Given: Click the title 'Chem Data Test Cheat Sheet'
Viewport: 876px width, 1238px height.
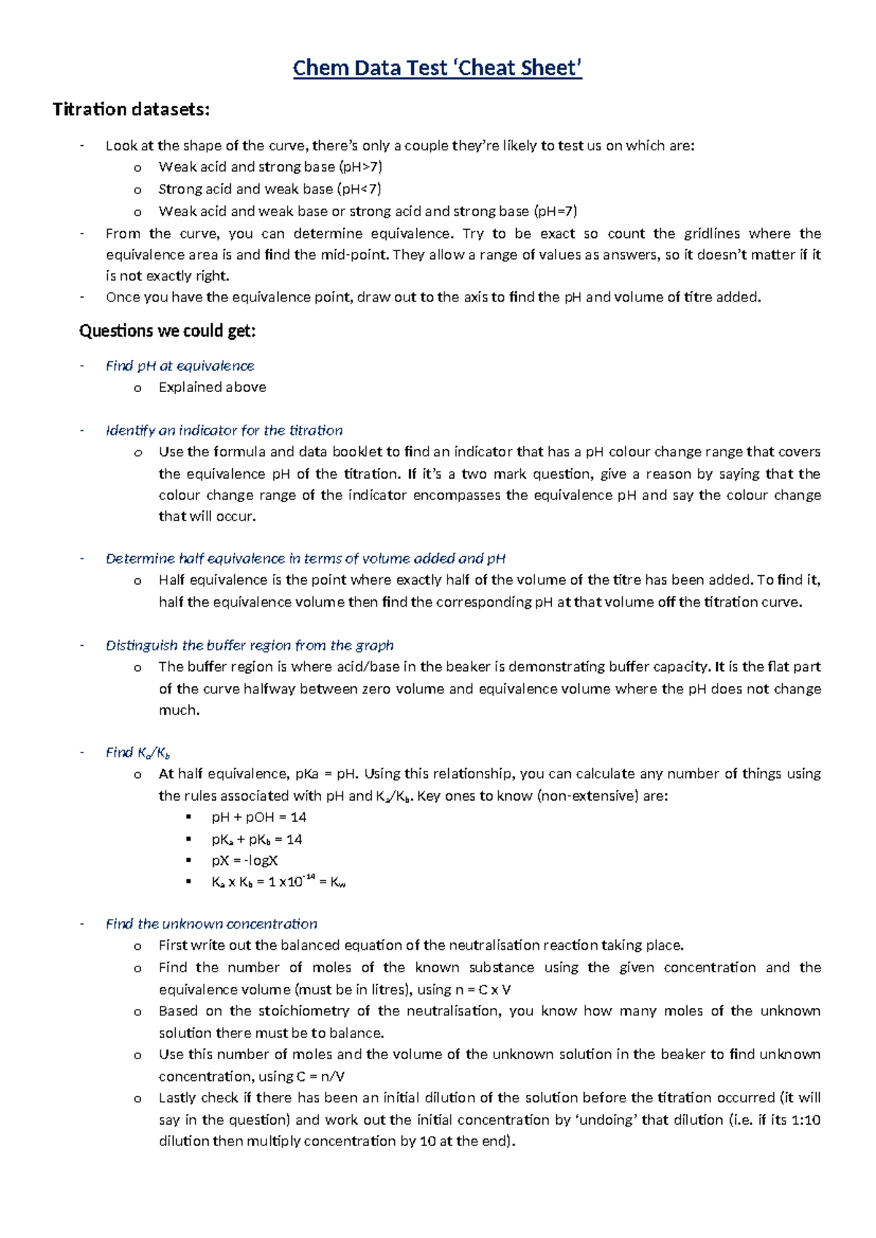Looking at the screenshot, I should click(x=437, y=68).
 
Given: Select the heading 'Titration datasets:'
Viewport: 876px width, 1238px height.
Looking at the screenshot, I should click(x=131, y=109).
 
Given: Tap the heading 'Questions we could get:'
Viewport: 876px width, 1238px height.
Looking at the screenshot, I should click(x=167, y=331).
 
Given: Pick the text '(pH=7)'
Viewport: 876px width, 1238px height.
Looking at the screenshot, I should click(x=555, y=211).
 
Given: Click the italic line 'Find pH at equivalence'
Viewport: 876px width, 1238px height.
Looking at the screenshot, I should click(x=180, y=366).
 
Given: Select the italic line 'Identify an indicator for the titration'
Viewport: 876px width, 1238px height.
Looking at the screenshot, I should click(x=224, y=430).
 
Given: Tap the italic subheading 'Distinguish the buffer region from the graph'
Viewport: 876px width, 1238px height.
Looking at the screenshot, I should click(x=250, y=645).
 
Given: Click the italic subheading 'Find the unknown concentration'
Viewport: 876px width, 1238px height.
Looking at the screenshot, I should click(x=212, y=923).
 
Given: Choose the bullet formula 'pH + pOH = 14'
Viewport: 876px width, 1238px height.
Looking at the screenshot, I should click(x=258, y=817).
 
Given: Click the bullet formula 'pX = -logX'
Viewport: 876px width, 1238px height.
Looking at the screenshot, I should click(x=245, y=861).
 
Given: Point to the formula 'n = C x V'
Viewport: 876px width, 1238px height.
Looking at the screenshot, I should click(x=483, y=990).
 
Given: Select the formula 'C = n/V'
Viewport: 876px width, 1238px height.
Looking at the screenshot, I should click(x=320, y=1076).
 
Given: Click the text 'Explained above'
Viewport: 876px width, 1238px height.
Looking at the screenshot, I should click(x=212, y=387).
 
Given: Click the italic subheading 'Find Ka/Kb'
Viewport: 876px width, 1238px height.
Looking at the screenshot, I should click(x=138, y=753).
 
